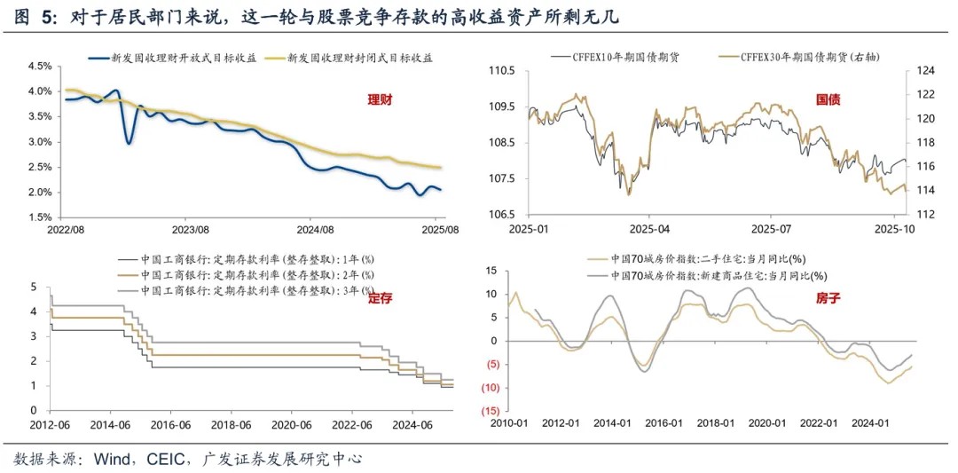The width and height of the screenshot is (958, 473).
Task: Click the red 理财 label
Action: click(381, 100)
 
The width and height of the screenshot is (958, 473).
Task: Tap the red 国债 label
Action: click(828, 100)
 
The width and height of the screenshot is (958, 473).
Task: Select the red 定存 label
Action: click(381, 298)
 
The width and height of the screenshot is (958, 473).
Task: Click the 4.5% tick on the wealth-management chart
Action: click(41, 67)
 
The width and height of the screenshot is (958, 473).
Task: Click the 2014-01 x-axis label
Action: click(615, 423)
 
